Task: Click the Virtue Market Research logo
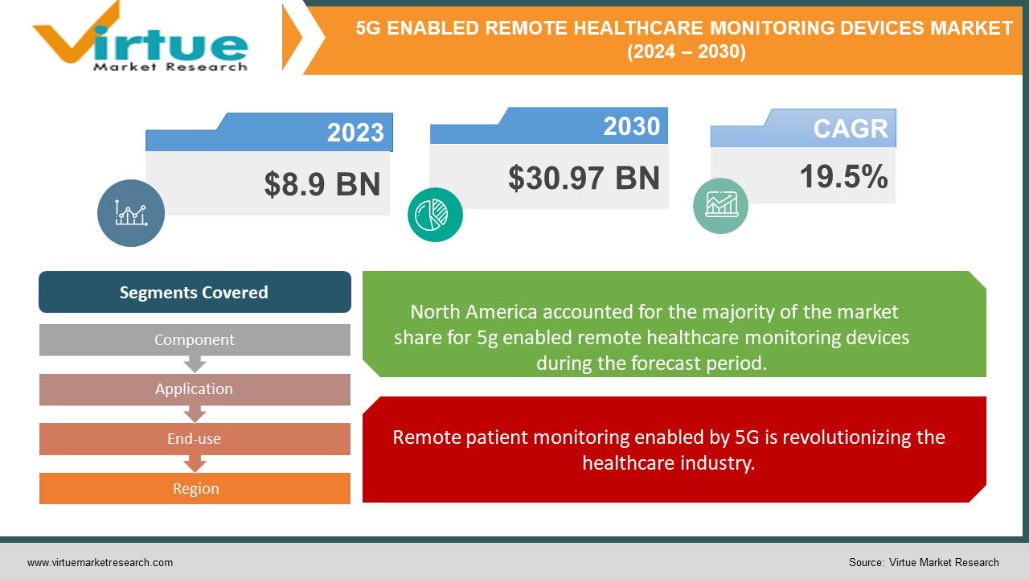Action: [x=141, y=39]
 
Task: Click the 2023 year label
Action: [x=355, y=132]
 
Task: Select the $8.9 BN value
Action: [x=322, y=184]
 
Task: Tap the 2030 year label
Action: [x=631, y=126]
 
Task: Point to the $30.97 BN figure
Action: [x=584, y=178]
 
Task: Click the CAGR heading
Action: [x=850, y=129]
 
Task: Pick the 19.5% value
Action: [x=843, y=177]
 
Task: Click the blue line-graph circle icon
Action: [x=131, y=212]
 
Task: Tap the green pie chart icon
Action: [x=435, y=214]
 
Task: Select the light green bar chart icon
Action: [x=720, y=206]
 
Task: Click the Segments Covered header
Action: [x=195, y=292]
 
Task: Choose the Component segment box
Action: [x=195, y=339]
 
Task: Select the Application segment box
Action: [x=195, y=389]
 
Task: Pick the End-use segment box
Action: [x=195, y=439]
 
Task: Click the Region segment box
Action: [x=195, y=488]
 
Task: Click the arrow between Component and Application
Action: [x=195, y=364]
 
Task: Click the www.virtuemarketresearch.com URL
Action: [x=100, y=562]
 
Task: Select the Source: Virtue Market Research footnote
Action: [x=924, y=562]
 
